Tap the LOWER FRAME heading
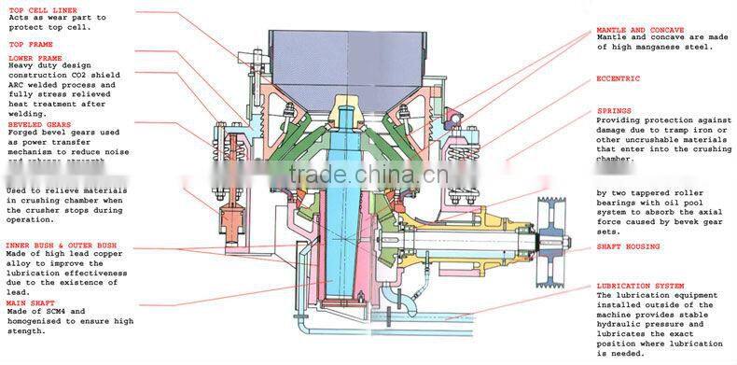coord(35,57)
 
